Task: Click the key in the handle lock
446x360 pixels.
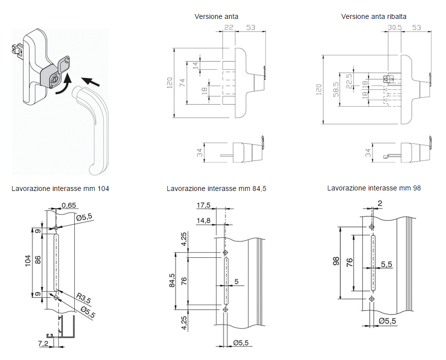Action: (x=64, y=65)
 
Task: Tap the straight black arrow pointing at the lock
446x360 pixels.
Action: (x=91, y=79)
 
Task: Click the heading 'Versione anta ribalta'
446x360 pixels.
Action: (x=374, y=16)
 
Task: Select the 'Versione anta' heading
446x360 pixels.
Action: (x=216, y=16)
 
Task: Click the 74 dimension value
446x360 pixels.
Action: (x=183, y=83)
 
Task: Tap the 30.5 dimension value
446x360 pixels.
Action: (x=395, y=27)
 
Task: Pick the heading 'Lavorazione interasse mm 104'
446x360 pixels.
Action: (x=60, y=188)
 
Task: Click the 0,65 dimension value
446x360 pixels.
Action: (x=69, y=205)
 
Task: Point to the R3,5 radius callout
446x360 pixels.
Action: (x=83, y=299)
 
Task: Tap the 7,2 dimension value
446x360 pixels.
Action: (x=43, y=344)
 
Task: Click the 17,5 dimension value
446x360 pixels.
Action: (x=204, y=205)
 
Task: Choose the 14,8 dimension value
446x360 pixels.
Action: (x=204, y=220)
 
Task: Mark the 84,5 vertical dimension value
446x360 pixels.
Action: (x=172, y=281)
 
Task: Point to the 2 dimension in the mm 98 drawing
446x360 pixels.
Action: (x=380, y=203)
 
